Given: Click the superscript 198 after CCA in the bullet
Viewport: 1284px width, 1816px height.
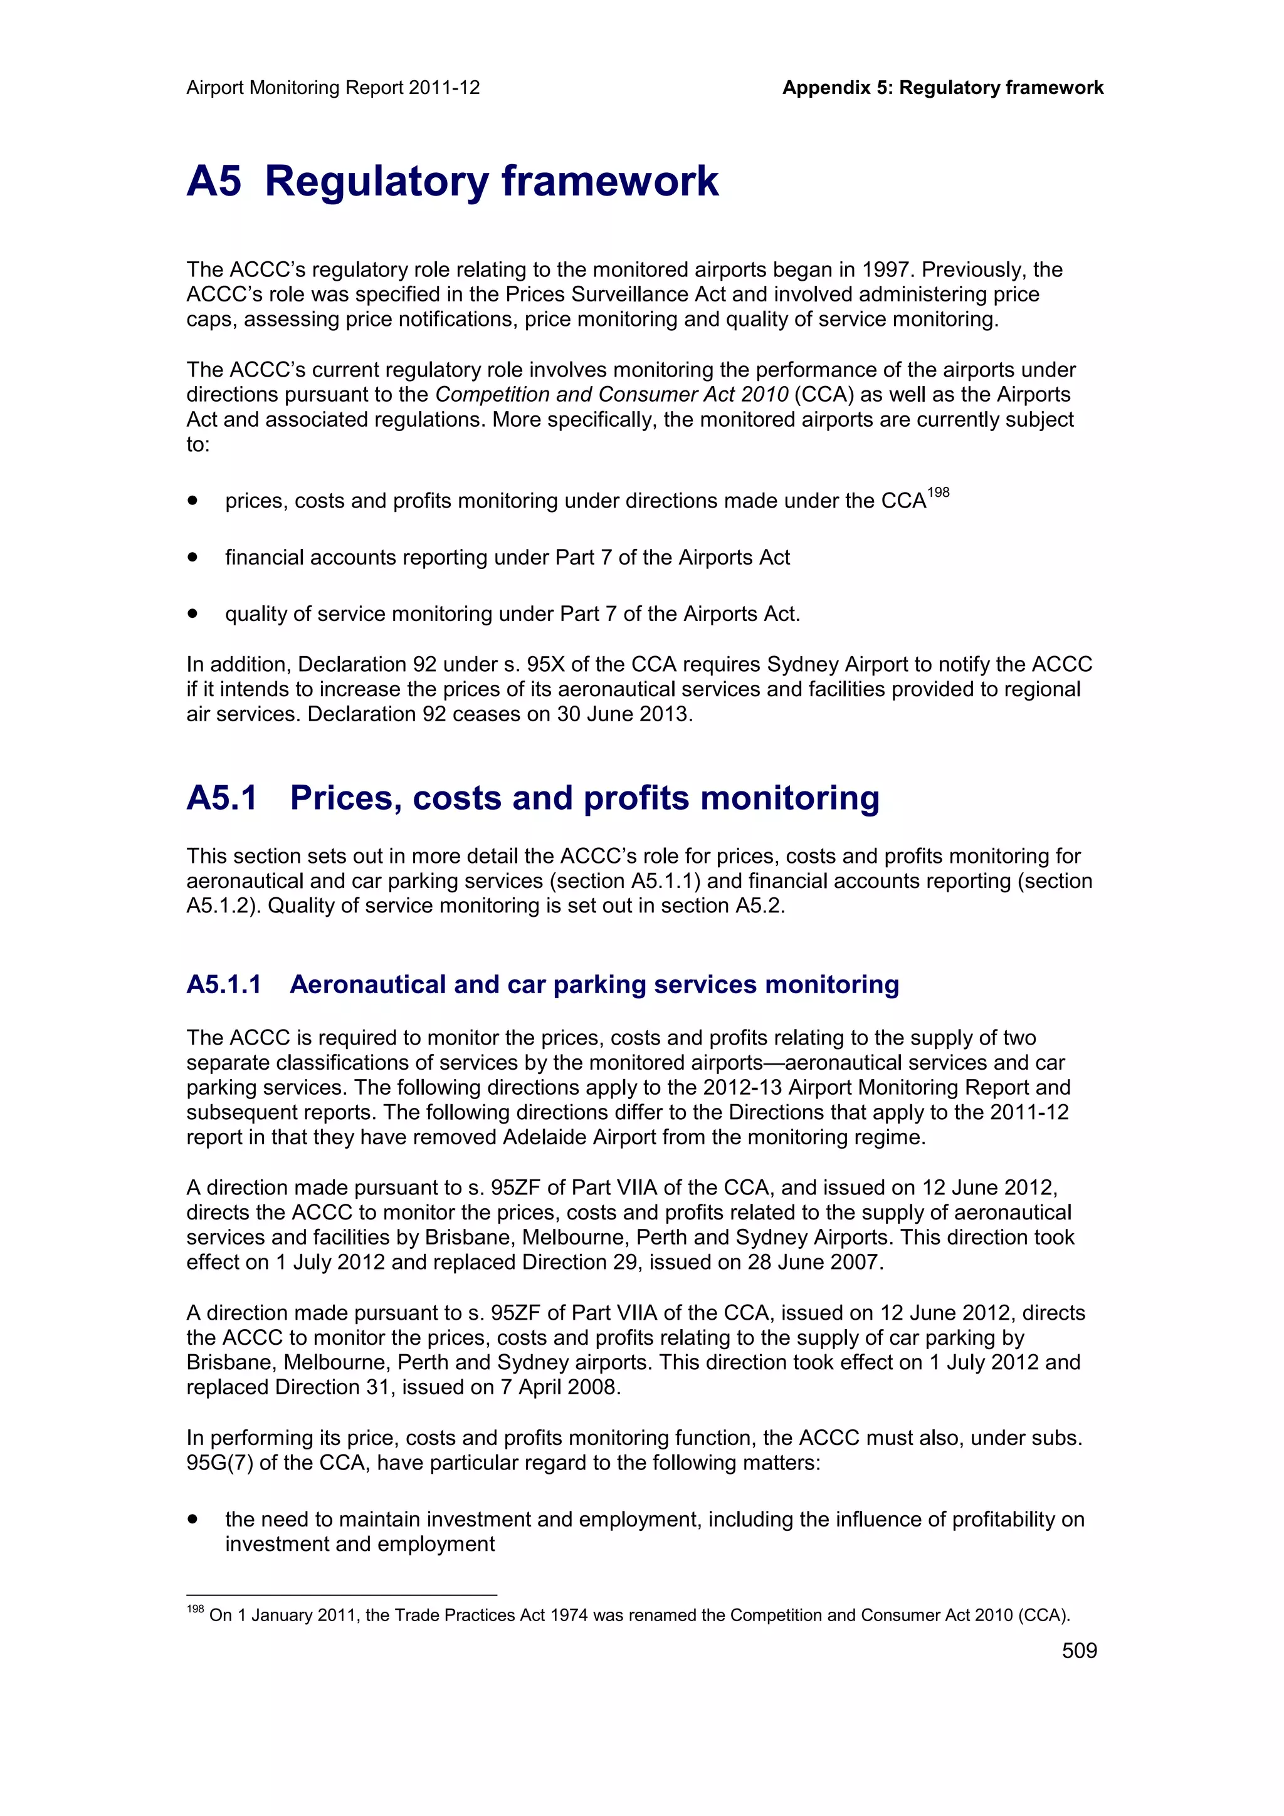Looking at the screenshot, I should (x=939, y=493).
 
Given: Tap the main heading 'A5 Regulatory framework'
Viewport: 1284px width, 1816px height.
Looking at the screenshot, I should (x=453, y=181).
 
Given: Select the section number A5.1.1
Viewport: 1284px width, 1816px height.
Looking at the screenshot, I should (x=224, y=984).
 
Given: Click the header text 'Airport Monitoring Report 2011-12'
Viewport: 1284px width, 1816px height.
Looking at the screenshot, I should (x=333, y=88).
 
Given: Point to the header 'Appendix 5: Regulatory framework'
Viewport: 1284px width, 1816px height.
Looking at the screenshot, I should (x=942, y=88).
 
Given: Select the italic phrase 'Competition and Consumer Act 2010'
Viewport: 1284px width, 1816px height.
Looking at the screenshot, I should (x=611, y=395).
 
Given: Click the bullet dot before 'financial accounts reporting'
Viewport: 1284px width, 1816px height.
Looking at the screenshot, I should (x=192, y=557).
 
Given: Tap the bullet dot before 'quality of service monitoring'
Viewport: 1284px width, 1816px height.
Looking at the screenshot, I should (x=192, y=613).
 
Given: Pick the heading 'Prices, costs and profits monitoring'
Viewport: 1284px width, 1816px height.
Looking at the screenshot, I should (x=585, y=798).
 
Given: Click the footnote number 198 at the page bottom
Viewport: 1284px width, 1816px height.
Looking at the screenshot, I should (x=194, y=1609).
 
